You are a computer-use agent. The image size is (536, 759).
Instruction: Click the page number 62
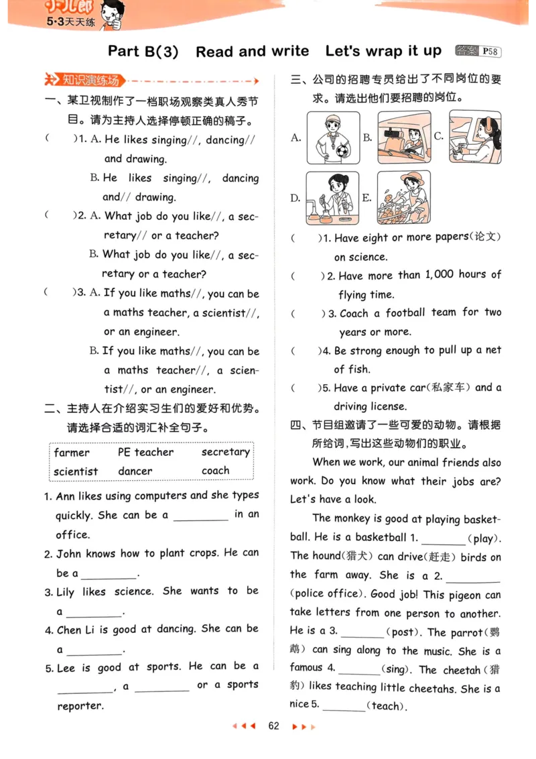pos(273,726)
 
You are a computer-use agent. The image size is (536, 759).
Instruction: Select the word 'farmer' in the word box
pos(72,453)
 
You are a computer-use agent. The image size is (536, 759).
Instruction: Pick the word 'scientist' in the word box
pos(76,471)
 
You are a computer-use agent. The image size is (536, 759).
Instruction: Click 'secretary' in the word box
pos(225,453)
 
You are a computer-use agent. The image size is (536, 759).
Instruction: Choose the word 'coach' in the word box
pos(215,471)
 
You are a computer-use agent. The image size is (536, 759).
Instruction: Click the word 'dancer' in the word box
pos(135,471)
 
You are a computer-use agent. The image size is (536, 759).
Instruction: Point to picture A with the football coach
pos(333,138)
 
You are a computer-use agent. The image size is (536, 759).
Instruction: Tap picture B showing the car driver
pos(403,137)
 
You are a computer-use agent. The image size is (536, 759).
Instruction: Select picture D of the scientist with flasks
pos(332,197)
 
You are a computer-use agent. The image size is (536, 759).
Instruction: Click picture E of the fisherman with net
pos(403,197)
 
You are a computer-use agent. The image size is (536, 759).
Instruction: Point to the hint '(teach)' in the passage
pos(387,706)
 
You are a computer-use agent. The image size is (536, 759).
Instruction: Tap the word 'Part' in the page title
pos(124,52)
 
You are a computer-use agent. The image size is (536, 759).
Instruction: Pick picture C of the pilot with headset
pos(474,137)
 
